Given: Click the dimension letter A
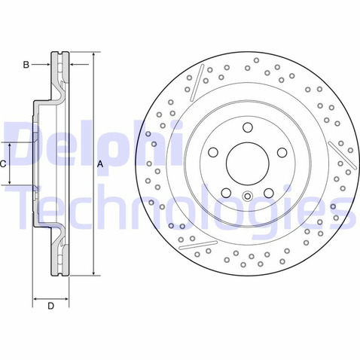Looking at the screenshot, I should [x=99, y=163].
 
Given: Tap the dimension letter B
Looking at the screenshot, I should [x=26, y=66].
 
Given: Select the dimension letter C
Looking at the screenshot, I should [x=3, y=163].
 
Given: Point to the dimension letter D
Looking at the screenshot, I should [x=50, y=306].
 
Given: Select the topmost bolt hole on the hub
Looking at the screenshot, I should [x=247, y=128].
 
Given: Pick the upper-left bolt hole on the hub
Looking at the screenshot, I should [x=213, y=153].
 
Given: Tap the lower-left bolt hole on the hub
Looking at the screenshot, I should [x=226, y=193].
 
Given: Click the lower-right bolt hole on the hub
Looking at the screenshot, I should [x=268, y=193].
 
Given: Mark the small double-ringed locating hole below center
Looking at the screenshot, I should [x=247, y=199].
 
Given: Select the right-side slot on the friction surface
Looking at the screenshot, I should [x=343, y=154].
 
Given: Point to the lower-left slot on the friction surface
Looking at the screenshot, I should [x=200, y=245].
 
